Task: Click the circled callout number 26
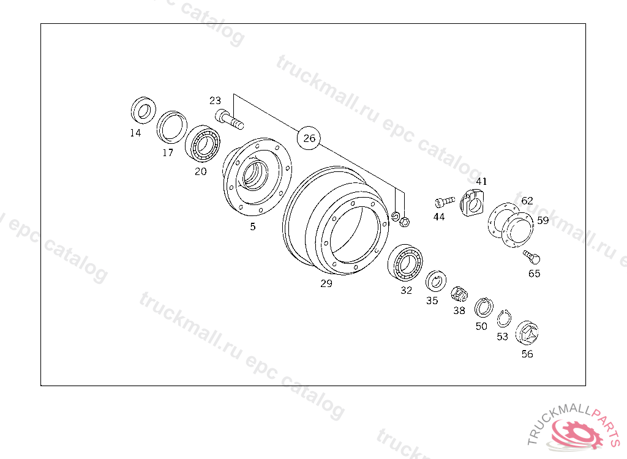click(x=309, y=138)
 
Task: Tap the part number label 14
click(x=135, y=133)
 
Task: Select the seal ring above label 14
click(x=143, y=110)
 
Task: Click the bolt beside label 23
click(x=230, y=119)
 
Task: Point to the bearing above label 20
click(x=203, y=144)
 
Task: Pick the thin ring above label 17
click(x=172, y=127)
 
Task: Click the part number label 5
click(x=253, y=226)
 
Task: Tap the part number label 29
click(x=326, y=283)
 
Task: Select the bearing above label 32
click(x=405, y=263)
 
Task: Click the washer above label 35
click(x=435, y=281)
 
